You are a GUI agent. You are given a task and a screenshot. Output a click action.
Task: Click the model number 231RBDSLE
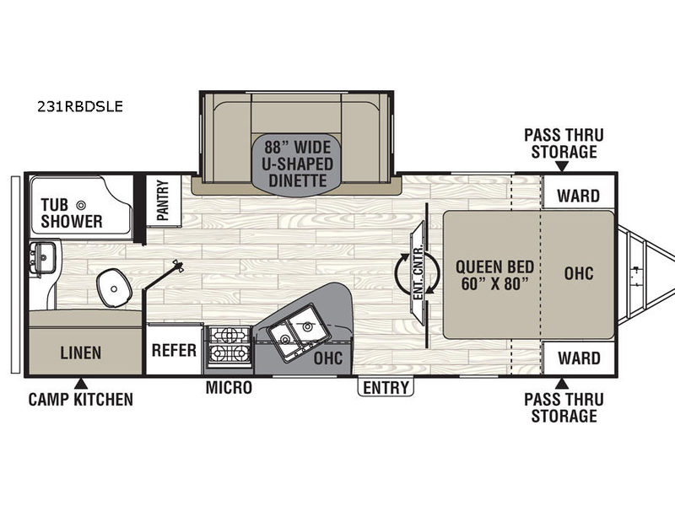80,106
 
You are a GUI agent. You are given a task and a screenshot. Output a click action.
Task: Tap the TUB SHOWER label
72,213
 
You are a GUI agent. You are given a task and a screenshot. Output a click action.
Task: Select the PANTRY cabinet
163,200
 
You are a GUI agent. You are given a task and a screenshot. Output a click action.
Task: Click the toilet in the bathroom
114,288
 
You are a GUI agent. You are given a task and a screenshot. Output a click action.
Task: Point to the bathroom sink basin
43,257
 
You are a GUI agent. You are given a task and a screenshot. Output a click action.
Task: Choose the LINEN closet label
81,353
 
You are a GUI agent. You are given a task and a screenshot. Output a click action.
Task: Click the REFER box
174,350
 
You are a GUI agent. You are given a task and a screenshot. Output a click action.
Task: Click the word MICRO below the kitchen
229,387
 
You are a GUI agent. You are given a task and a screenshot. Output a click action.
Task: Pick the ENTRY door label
386,387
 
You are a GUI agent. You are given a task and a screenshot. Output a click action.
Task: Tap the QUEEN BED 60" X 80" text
495,276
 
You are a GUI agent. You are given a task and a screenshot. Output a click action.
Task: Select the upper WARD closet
578,196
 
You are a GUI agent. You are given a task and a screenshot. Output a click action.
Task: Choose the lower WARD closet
579,358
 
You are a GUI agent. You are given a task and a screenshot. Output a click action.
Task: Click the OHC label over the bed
579,273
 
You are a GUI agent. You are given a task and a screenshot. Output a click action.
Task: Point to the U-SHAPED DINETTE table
297,164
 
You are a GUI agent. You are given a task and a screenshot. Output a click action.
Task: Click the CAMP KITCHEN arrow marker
81,384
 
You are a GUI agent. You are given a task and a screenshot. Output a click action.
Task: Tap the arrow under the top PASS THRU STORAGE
561,166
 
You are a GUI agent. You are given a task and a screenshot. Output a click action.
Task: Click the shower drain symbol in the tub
80,205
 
